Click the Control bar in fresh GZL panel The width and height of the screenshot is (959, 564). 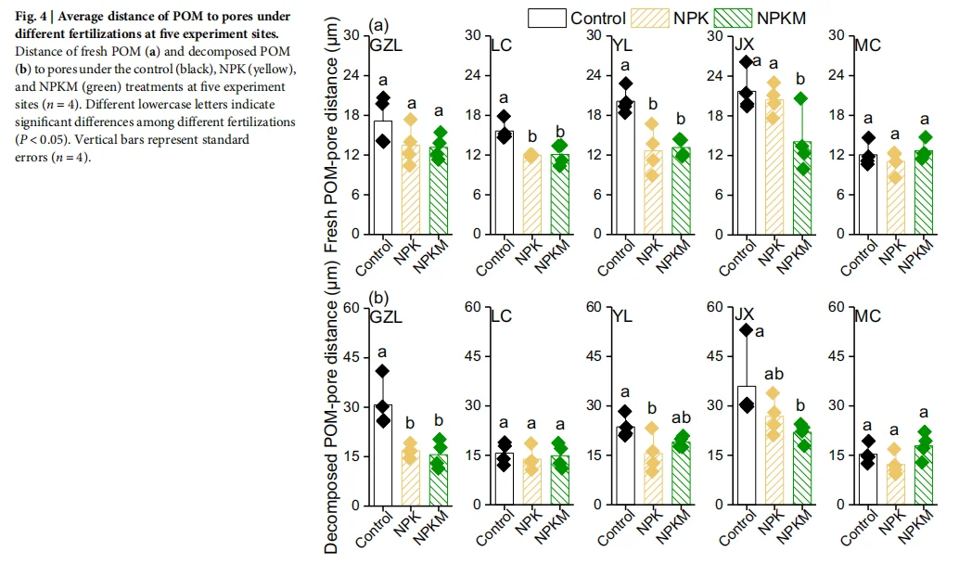(x=383, y=176)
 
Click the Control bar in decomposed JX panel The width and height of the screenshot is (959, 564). (x=747, y=445)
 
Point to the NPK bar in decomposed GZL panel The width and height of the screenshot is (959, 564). (x=411, y=477)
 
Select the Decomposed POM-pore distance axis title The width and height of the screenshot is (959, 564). (x=332, y=408)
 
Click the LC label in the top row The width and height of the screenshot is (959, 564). (x=501, y=45)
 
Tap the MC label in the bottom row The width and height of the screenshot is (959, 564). (x=867, y=316)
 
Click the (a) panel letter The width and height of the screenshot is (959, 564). (x=378, y=26)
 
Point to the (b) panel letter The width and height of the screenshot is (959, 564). (x=378, y=299)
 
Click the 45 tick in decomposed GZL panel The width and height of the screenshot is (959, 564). (x=351, y=356)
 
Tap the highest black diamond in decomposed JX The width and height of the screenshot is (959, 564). (x=747, y=330)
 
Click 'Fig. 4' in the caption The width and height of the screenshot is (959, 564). (x=32, y=17)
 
